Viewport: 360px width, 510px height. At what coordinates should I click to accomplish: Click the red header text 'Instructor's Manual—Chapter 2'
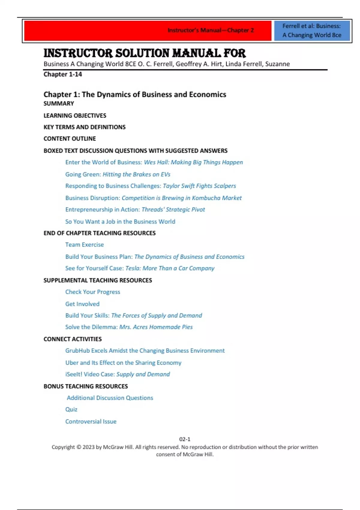point(211,30)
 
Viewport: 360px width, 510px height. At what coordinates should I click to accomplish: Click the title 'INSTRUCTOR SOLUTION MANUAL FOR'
point(145,53)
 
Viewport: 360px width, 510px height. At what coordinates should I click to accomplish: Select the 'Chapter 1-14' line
point(63,74)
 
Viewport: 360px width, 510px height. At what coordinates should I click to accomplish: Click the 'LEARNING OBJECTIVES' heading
point(75,115)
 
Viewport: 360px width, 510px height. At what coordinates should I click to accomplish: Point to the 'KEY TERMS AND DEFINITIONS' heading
point(85,127)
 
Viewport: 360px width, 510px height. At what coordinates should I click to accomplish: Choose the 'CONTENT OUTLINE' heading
point(70,139)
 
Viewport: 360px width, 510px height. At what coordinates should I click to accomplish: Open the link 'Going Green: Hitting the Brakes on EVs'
point(118,174)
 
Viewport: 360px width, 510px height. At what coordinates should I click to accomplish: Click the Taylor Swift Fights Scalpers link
point(151,186)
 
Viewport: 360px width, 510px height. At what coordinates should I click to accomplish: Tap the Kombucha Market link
point(153,198)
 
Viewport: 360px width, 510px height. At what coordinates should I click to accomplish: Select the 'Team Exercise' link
point(85,245)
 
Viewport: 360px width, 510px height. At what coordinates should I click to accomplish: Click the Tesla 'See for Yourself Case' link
point(140,268)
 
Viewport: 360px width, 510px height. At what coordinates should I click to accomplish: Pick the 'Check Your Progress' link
point(93,292)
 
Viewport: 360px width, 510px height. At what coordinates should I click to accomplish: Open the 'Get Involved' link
point(82,304)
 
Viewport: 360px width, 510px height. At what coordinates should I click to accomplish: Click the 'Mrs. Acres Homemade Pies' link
point(129,327)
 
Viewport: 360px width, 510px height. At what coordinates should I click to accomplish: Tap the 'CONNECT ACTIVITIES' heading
point(73,339)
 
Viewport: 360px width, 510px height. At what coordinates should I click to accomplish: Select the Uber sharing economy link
point(123,363)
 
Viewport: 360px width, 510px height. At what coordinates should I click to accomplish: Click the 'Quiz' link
point(71,409)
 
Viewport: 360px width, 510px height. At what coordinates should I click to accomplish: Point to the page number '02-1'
point(185,439)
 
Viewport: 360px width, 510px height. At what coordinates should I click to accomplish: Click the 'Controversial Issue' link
point(91,421)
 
